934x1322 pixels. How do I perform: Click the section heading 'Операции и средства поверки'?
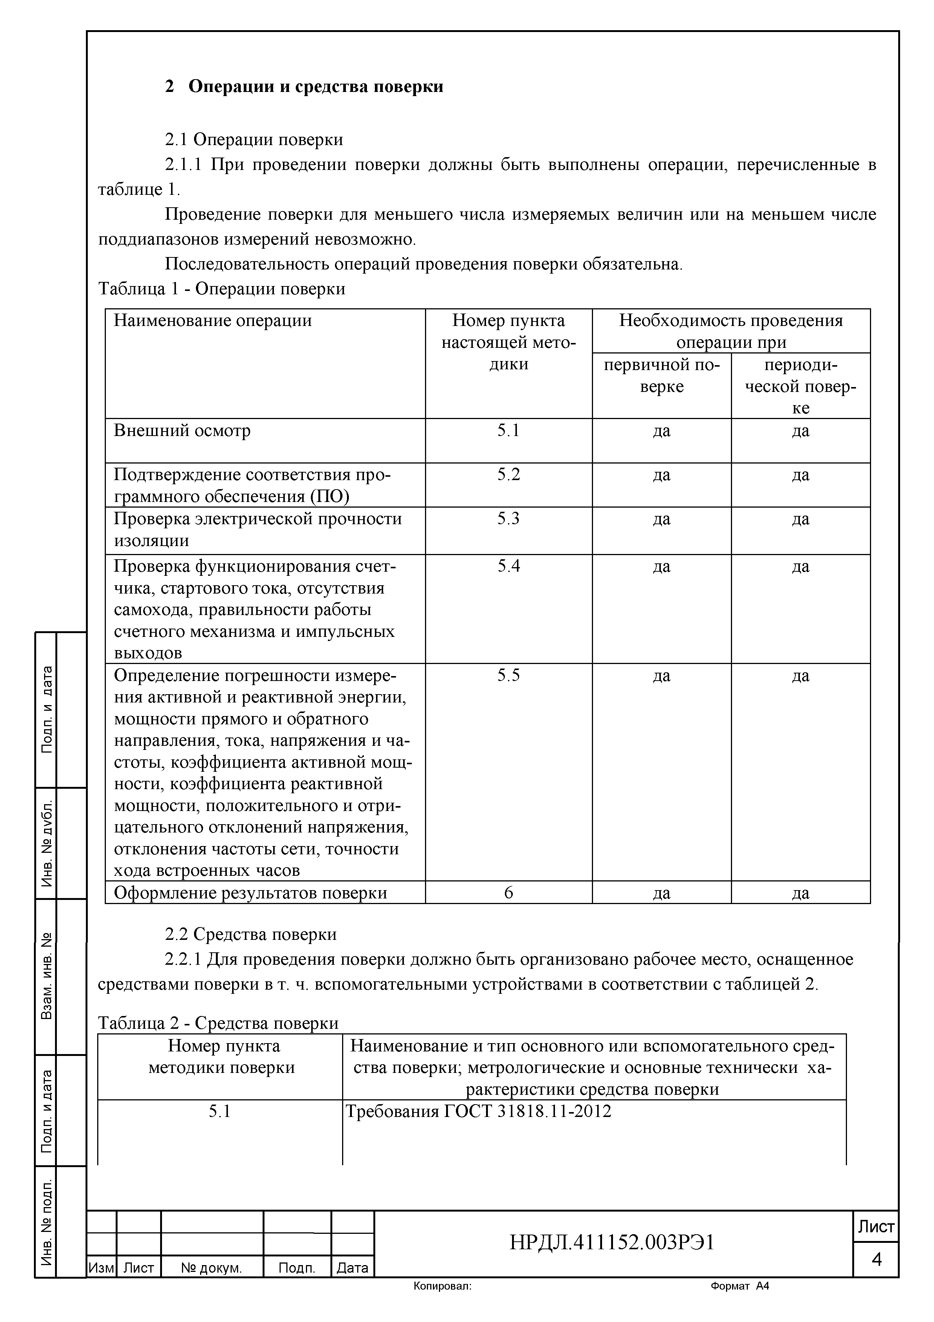pos(315,86)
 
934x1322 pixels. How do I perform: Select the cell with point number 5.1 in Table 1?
pos(508,430)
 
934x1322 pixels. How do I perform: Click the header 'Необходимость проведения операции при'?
pos(731,331)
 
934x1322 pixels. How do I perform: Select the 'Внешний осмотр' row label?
pos(182,430)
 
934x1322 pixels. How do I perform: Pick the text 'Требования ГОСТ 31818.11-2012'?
pos(478,1111)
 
